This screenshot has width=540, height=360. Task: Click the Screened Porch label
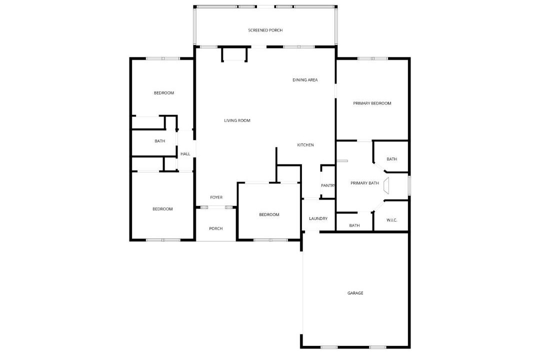tap(265, 30)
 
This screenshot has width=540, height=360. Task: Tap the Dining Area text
tap(305, 80)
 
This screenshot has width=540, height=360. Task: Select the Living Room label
tap(237, 120)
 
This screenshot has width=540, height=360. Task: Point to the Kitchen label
tap(305, 145)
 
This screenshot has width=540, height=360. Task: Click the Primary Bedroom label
tap(372, 103)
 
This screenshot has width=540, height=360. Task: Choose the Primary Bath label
tap(364, 183)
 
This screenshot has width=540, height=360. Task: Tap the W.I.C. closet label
tap(392, 220)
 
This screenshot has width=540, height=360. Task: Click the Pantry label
tap(328, 185)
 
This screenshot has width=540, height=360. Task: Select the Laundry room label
tap(318, 219)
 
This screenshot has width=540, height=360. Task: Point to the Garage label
tap(355, 293)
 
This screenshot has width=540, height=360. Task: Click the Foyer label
tap(216, 197)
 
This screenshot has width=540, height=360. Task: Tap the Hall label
tap(185, 154)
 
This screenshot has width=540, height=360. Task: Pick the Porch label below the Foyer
tap(216, 228)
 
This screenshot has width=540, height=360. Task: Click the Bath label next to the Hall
tap(160, 141)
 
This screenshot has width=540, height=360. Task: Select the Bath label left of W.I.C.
tap(354, 225)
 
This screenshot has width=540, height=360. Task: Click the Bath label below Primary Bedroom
tap(392, 159)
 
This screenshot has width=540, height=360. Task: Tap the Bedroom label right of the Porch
tap(269, 214)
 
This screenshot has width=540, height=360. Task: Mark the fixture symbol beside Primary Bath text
tap(386, 185)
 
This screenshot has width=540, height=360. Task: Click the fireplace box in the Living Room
tap(234, 54)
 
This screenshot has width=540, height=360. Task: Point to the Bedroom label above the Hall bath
tap(164, 93)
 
